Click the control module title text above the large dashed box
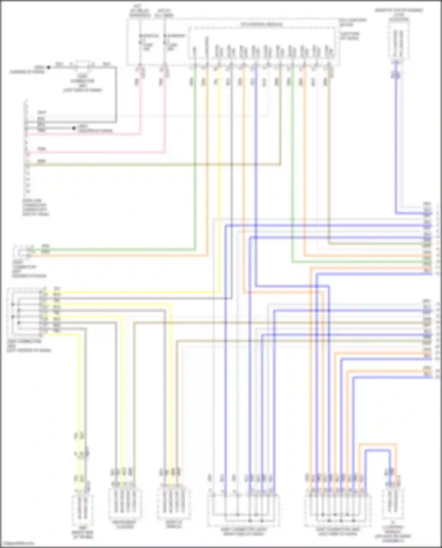click(262, 24)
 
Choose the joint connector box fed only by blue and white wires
click(243, 510)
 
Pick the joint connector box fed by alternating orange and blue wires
click(337, 510)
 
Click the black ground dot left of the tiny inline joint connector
click(49, 67)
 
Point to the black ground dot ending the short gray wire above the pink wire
click(74, 128)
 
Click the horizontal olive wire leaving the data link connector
click(147, 165)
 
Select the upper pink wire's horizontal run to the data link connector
click(88, 134)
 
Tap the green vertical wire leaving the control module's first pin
click(194, 147)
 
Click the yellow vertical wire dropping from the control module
click(219, 177)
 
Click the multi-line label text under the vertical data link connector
click(35, 207)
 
